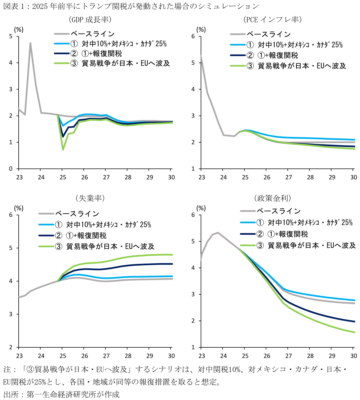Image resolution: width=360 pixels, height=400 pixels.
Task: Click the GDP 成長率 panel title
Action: (x=90, y=20)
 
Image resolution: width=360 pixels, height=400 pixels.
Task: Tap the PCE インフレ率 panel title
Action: (x=272, y=20)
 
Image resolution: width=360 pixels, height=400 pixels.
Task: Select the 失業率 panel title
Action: (x=90, y=198)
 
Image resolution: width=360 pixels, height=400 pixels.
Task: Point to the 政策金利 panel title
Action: (x=272, y=198)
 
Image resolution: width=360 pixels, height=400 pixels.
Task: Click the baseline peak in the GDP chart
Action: (x=30, y=43)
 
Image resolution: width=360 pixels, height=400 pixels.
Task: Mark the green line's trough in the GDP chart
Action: (x=63, y=150)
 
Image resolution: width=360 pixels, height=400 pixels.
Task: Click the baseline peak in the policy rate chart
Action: (x=218, y=233)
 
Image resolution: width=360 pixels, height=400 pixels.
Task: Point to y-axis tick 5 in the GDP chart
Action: (x=11, y=36)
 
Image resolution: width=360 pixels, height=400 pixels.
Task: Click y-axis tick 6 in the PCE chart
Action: (x=193, y=36)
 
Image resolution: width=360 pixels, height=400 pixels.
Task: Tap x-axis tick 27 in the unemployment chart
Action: (x=106, y=356)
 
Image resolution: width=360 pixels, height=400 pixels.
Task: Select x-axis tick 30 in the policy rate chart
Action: (x=353, y=356)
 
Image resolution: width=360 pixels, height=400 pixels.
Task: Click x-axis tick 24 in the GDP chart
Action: (x=41, y=177)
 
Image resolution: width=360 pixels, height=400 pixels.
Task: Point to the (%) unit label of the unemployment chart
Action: (x=19, y=208)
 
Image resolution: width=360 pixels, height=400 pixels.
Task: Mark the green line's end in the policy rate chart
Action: (x=355, y=332)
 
